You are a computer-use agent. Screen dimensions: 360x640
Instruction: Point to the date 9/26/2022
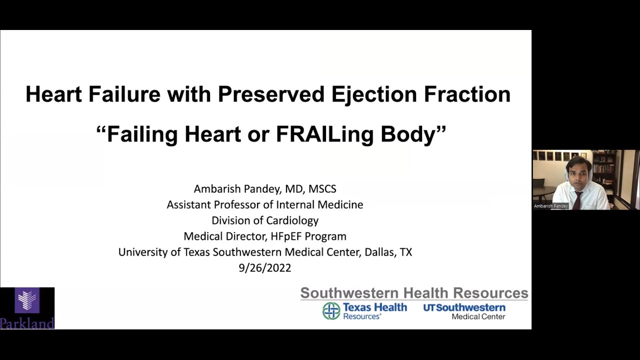click(x=264, y=268)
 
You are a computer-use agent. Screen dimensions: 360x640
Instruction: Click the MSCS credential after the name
click(x=322, y=189)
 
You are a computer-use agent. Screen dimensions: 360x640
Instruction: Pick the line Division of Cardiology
click(x=264, y=220)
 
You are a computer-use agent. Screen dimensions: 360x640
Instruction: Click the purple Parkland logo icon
click(x=27, y=300)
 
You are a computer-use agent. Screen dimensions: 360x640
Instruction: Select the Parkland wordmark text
click(x=27, y=323)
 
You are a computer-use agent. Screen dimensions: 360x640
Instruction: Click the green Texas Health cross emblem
click(x=331, y=310)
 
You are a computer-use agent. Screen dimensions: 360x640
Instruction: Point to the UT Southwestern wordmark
click(x=464, y=307)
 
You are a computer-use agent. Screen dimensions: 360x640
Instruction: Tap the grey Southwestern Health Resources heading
click(x=414, y=293)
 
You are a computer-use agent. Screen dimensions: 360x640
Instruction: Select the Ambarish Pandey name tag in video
click(x=550, y=206)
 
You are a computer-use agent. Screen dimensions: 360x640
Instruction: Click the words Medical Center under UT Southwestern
click(x=478, y=316)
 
